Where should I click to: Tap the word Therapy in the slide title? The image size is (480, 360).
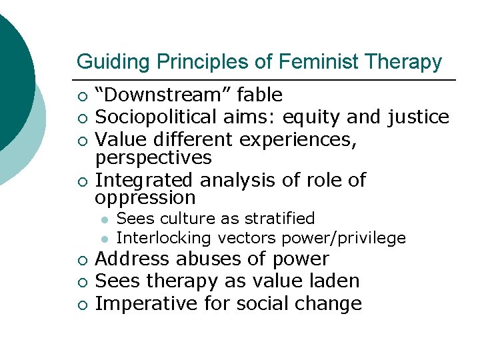(403, 62)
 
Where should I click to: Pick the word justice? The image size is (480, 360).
(418, 117)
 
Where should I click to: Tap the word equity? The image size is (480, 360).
(309, 117)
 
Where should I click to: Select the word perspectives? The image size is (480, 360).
(153, 158)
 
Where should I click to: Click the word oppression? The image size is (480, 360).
(145, 198)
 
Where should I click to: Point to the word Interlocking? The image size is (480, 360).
(164, 238)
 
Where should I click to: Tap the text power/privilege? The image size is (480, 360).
(345, 238)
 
